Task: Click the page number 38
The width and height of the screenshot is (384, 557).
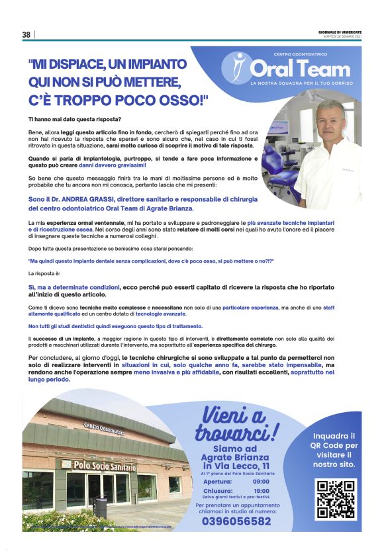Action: tap(26, 35)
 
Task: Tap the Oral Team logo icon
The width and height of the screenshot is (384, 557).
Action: tap(236, 67)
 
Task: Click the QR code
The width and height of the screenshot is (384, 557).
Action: tap(336, 499)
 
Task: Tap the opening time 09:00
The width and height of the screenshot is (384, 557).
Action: tap(261, 482)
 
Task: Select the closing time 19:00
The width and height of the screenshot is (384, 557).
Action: tap(261, 491)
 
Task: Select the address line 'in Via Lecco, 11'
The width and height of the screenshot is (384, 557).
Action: tap(236, 466)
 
